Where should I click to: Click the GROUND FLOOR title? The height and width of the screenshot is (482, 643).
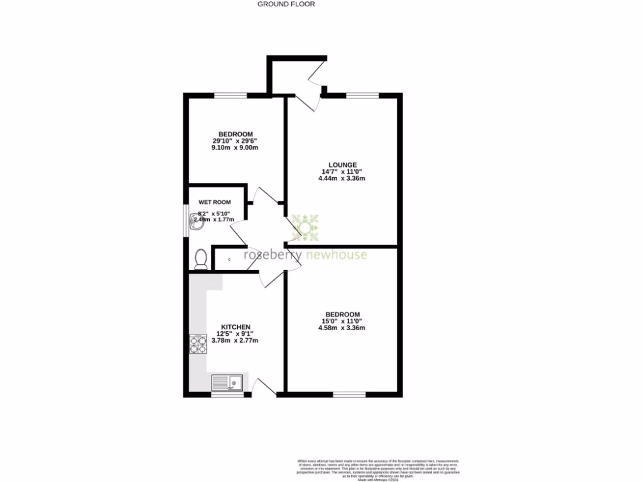pos(286,4)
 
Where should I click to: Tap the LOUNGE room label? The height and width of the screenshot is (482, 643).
pos(342,164)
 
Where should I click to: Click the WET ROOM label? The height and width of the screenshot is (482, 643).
pos(215,202)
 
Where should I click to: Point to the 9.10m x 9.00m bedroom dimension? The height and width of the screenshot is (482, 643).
pos(235,148)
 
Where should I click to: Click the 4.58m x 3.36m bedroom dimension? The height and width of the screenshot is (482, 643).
pos(342,328)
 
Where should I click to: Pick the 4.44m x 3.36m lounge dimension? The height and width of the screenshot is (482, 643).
pos(342,178)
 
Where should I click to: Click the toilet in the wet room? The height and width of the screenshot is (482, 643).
pos(201,259)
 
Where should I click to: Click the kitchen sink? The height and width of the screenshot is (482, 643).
pos(227,382)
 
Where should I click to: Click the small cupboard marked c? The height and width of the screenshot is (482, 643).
pos(229,259)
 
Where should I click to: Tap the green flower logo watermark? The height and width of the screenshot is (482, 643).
pos(305,227)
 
